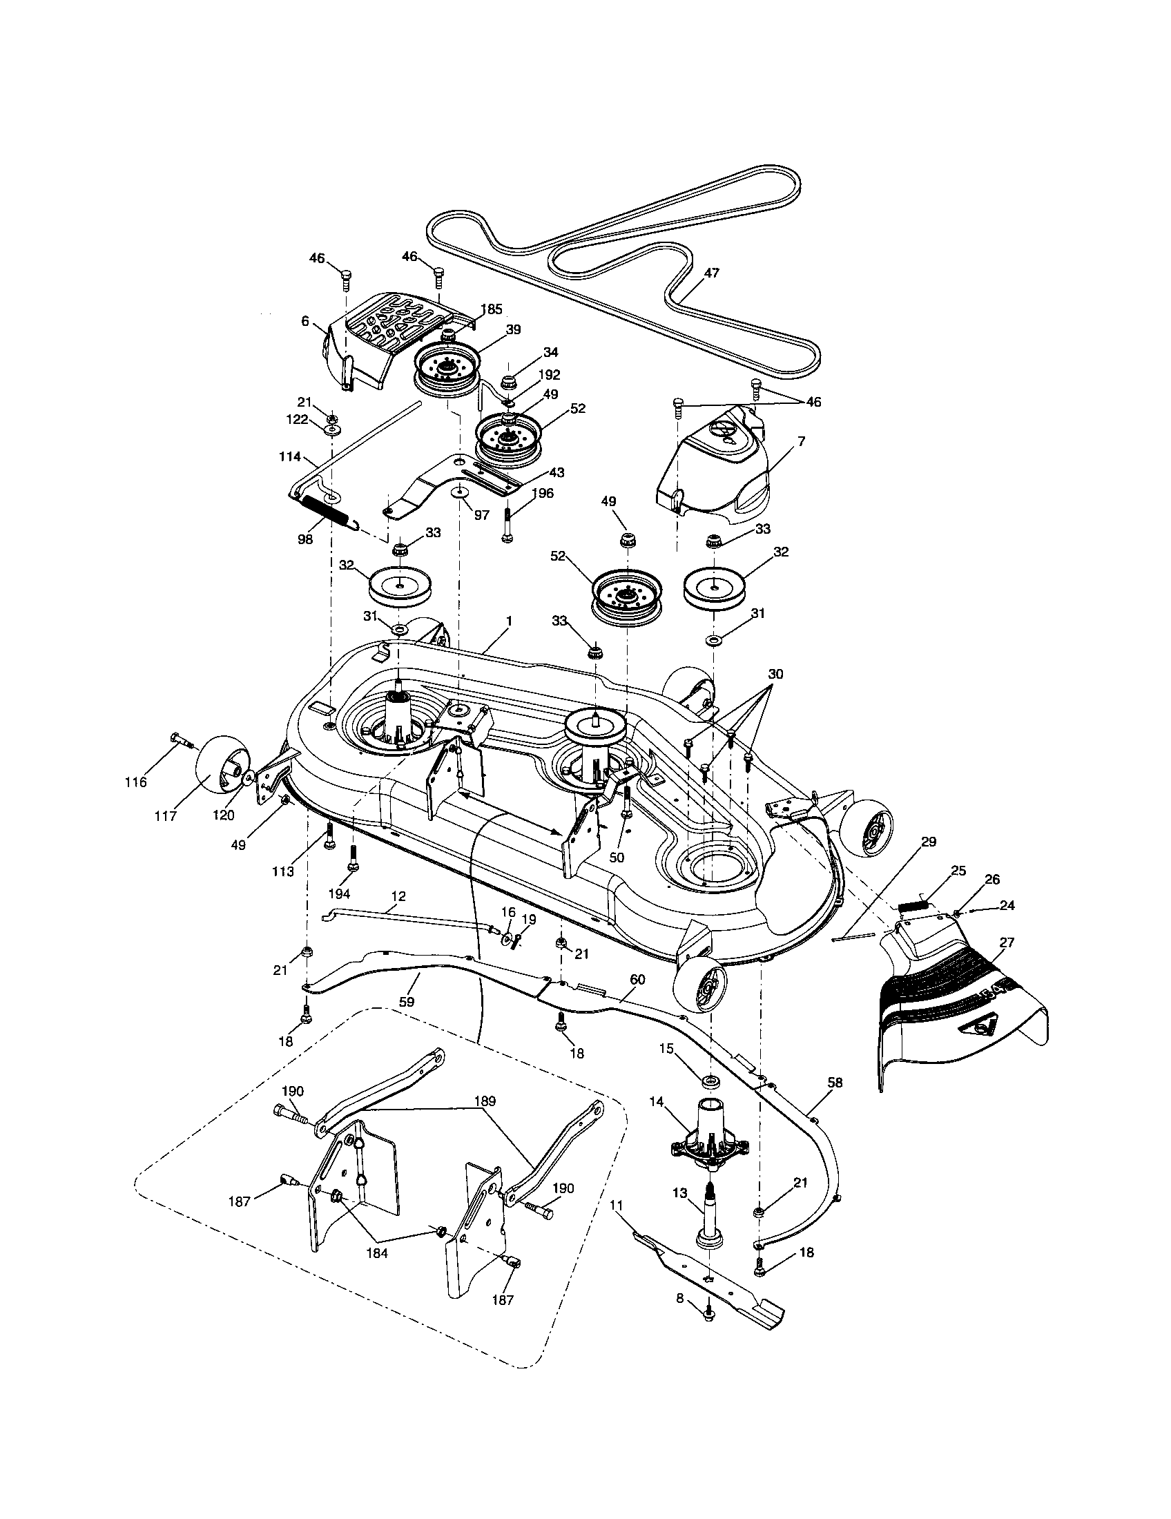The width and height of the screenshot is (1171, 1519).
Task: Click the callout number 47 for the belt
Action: (x=711, y=273)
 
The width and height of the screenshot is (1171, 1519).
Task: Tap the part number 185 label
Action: (x=492, y=309)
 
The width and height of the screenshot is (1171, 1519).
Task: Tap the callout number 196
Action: (x=543, y=493)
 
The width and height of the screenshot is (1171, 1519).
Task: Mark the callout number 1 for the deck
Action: (x=509, y=619)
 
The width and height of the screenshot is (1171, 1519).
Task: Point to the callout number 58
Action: (x=835, y=1083)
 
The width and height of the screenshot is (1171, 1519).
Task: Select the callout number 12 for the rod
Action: (x=398, y=896)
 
